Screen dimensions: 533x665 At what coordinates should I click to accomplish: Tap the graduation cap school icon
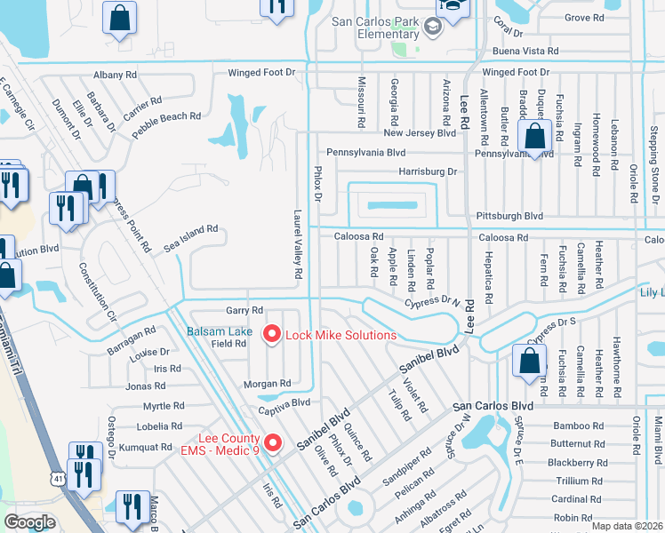pos(432,28)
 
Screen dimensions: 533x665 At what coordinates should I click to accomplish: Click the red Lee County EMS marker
pos(273,442)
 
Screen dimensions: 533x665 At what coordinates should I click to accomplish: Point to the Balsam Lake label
pos(219,331)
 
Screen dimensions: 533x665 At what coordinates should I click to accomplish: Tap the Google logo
pos(29,522)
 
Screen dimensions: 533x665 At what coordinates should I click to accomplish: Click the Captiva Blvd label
pos(284,402)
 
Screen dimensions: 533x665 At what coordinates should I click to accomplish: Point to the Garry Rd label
pos(244,310)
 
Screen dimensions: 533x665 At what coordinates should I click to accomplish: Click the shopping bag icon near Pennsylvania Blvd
pos(534,137)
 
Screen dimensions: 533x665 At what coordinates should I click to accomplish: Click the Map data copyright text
pos(628,526)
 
